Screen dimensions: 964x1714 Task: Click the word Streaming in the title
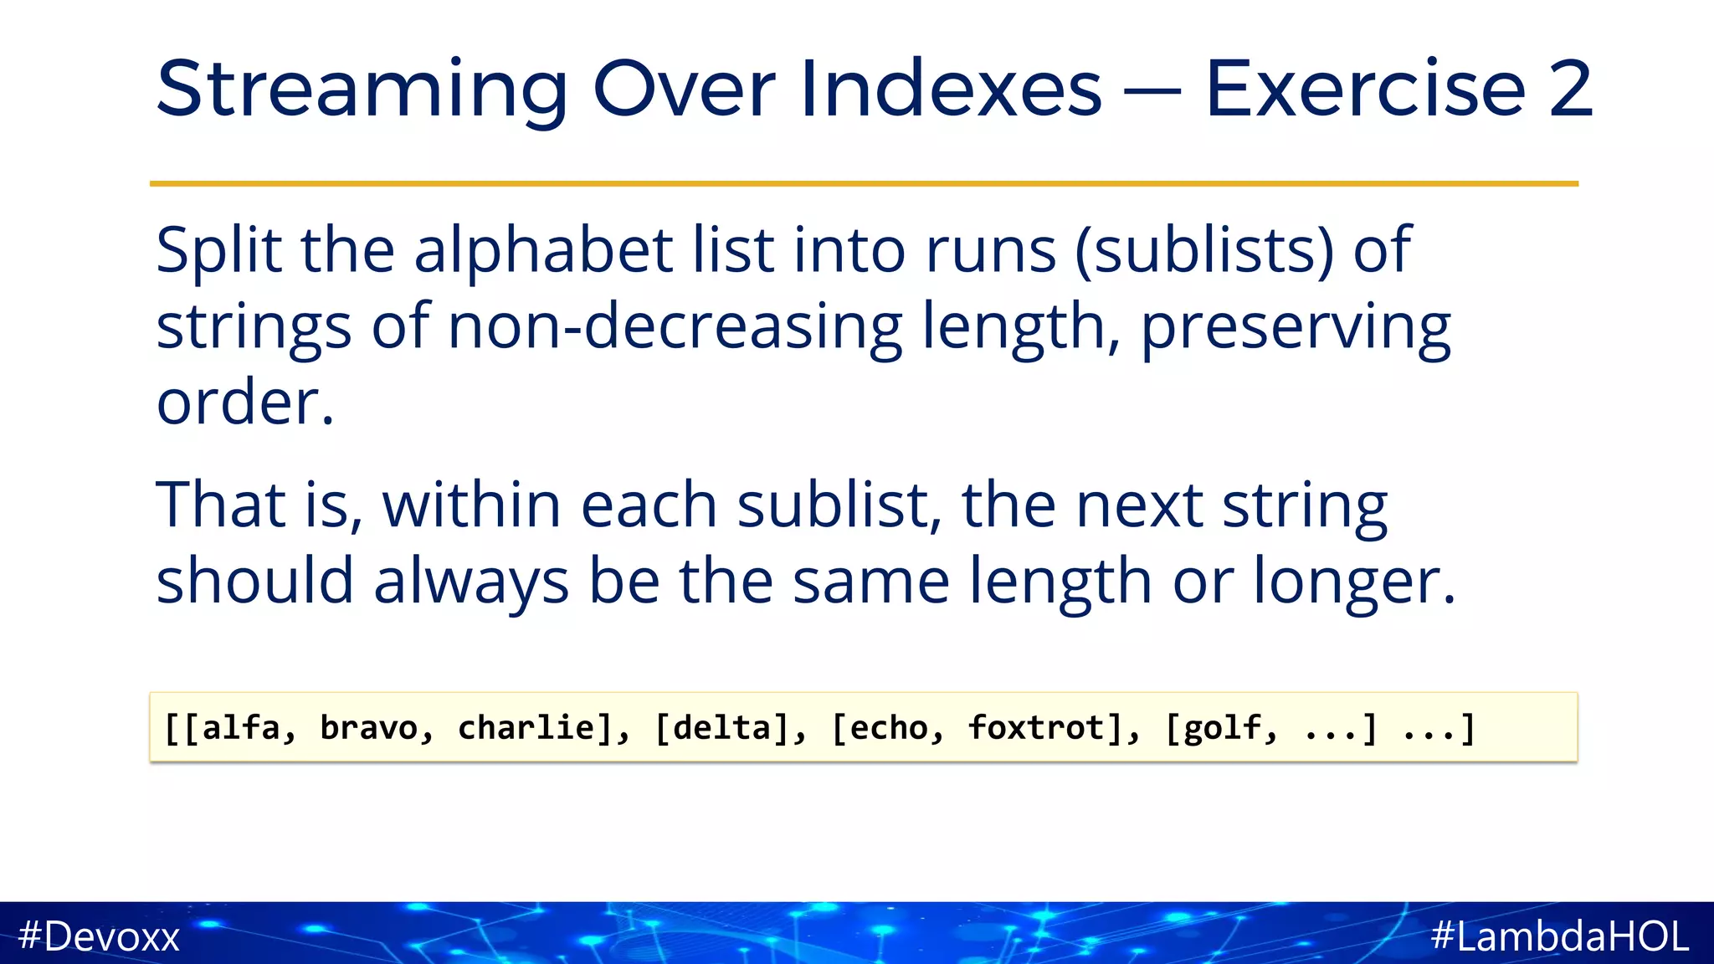click(362, 90)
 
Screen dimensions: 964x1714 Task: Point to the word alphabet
click(543, 250)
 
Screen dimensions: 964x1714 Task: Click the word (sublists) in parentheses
click(1203, 250)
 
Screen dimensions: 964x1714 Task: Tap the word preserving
click(1296, 328)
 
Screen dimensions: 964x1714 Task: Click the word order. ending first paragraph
click(245, 403)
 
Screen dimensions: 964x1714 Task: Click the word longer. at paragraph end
click(1354, 581)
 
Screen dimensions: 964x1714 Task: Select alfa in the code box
click(240, 727)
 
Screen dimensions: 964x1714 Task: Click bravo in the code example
click(368, 727)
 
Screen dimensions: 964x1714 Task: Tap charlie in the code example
click(525, 727)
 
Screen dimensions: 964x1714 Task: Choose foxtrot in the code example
click(1036, 727)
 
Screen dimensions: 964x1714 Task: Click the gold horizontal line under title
click(864, 183)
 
